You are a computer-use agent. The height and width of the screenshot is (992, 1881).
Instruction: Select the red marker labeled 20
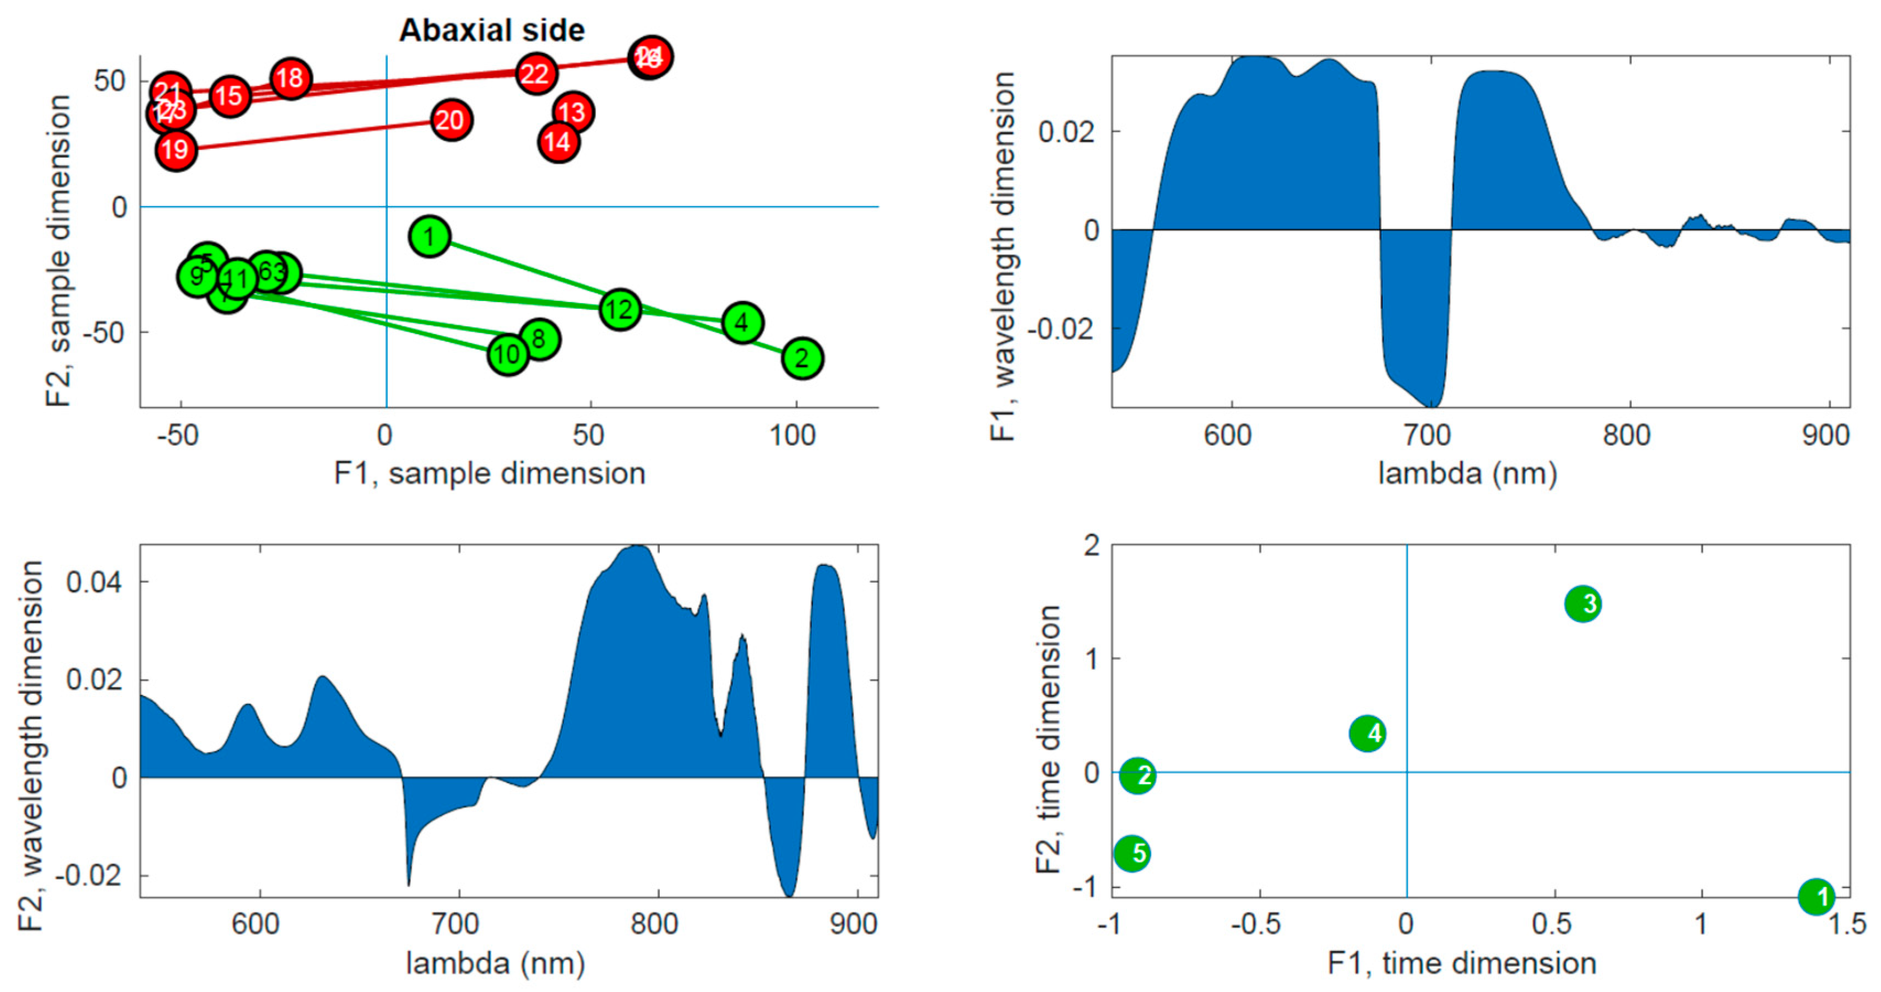[451, 120]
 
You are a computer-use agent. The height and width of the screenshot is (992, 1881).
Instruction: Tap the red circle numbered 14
[559, 142]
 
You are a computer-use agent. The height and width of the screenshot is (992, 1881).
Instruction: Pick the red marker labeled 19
[175, 150]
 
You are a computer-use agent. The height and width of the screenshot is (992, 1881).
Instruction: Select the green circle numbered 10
[507, 355]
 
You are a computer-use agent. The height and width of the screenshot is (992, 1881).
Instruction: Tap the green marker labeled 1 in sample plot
[430, 236]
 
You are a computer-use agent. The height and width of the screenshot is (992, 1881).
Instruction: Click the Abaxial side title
[491, 30]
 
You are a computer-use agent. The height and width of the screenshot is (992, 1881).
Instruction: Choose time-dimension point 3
[1582, 604]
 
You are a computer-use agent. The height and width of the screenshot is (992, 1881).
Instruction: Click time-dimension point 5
[1132, 853]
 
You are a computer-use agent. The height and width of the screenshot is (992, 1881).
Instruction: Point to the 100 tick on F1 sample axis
[792, 436]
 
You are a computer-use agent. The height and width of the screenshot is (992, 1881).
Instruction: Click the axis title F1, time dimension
[1461, 963]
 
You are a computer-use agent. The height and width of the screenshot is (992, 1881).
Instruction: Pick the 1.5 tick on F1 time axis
[1847, 925]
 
